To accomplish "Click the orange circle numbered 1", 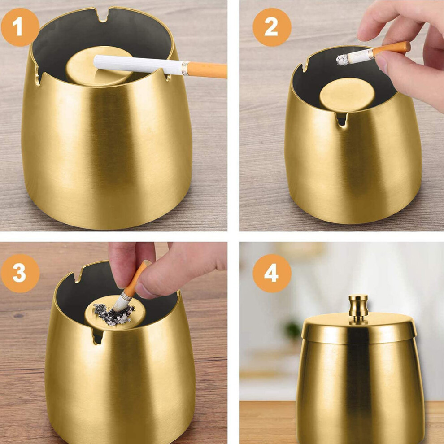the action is pos(20,27).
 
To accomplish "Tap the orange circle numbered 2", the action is pos(272,27).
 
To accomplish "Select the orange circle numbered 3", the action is pos(20,273).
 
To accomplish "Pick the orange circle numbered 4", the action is pos(272,273).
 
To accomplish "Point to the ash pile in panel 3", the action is pos(113,314).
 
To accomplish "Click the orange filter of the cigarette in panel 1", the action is pos(207,70).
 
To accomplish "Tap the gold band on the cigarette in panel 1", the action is pos(185,68).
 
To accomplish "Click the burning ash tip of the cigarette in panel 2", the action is pos(342,60).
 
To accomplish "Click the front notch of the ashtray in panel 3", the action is pos(98,336).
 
